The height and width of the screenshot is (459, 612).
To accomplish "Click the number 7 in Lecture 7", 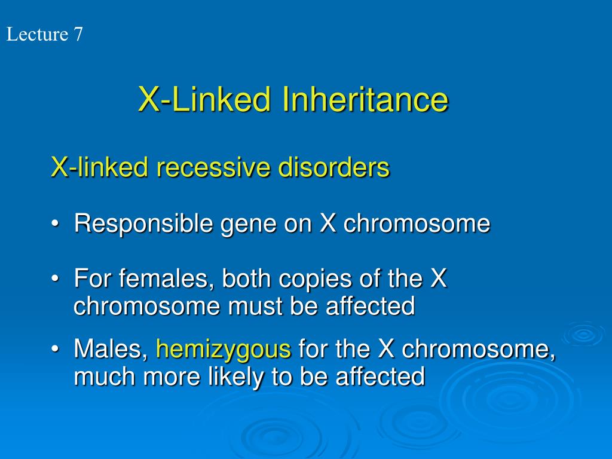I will click(x=78, y=35).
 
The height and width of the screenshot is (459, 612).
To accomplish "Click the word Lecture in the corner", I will click(x=37, y=35).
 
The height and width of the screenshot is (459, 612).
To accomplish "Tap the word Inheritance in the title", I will click(x=365, y=100).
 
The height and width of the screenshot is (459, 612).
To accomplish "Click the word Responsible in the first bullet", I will click(x=143, y=224).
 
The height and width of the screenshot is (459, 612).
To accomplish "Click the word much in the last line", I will click(x=102, y=377).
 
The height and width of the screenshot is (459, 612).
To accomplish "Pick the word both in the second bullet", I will click(x=245, y=279).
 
